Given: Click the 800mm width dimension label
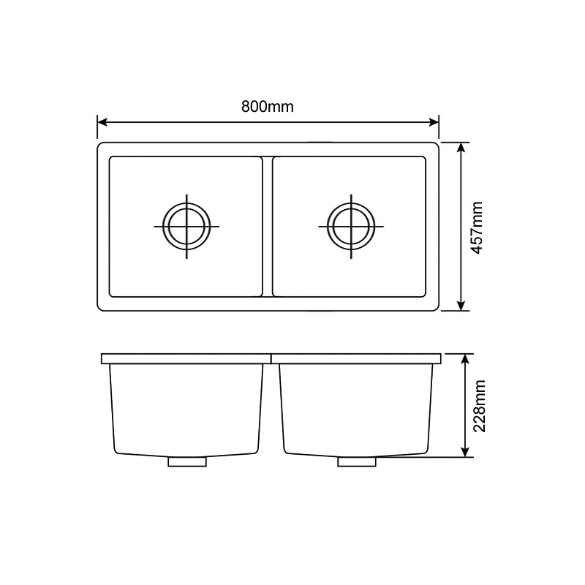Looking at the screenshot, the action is point(268,107).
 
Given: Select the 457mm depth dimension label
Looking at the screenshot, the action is point(478,228).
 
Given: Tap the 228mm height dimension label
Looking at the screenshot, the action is point(479,406).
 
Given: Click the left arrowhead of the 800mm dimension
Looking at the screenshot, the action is point(102,122).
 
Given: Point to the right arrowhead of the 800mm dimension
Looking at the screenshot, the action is point(434,122).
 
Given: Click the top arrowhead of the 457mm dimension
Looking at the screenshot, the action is point(461,148).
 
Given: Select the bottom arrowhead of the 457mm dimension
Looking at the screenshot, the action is point(461,305).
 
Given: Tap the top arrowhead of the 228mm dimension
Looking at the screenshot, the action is point(465,359).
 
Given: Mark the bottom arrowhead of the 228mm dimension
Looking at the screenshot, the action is point(465,452).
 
